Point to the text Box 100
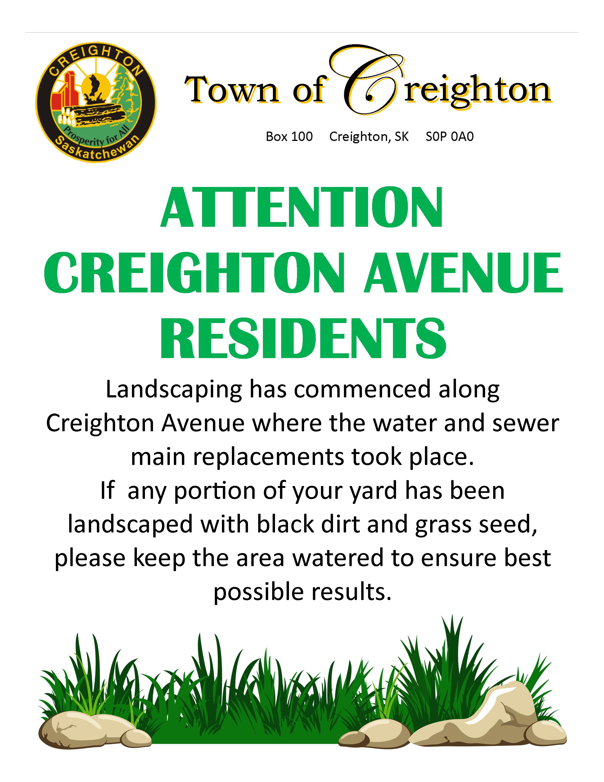pos(289,136)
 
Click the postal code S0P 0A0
pos(449,136)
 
